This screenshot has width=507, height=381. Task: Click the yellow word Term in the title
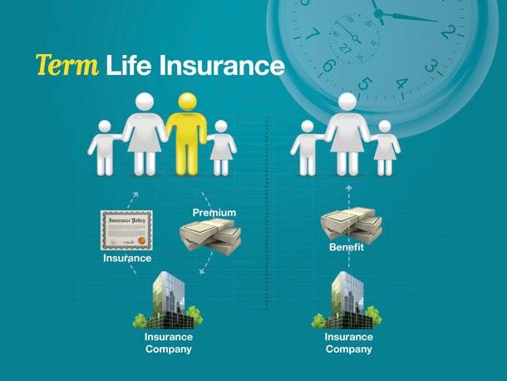click(67, 65)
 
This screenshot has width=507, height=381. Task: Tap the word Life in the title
click(128, 65)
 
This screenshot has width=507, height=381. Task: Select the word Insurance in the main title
click(222, 65)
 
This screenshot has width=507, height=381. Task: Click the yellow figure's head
click(187, 102)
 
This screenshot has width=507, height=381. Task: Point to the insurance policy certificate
click(126, 230)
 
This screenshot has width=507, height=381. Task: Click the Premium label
click(214, 213)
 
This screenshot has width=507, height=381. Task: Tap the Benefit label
click(347, 247)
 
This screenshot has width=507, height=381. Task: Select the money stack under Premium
click(210, 236)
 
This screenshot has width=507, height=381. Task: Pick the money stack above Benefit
click(351, 224)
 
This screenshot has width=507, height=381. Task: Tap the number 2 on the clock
click(449, 32)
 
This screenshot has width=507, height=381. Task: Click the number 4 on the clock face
click(401, 84)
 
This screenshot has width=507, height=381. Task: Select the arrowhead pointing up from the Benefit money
click(348, 188)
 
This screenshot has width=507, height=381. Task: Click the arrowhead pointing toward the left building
click(203, 270)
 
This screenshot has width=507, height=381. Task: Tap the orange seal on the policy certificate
click(141, 241)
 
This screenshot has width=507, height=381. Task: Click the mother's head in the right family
click(347, 102)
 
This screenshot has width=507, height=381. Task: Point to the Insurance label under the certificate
click(127, 258)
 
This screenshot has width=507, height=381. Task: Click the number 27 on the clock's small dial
click(345, 49)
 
